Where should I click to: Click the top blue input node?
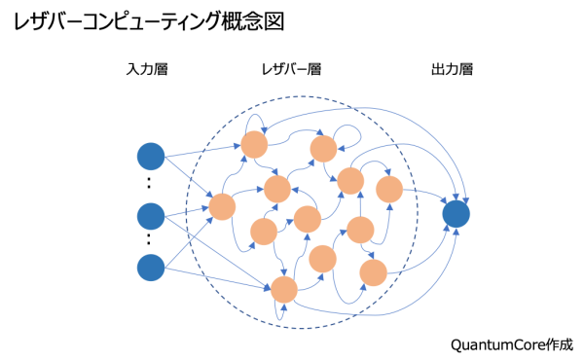tap(151, 156)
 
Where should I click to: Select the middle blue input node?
tap(151, 216)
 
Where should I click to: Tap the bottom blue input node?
tap(151, 267)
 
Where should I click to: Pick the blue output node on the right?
tap(456, 214)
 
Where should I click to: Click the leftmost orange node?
tap(222, 207)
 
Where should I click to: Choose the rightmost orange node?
tap(389, 190)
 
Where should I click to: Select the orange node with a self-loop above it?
tap(254, 144)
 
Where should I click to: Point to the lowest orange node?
tap(284, 289)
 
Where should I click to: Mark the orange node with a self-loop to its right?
tap(323, 149)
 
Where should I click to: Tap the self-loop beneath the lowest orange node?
tap(282, 313)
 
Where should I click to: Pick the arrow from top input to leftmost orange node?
tap(187, 182)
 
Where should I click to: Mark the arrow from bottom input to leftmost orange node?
tap(187, 236)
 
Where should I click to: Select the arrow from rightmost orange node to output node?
tap(424, 194)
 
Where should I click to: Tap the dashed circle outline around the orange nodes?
tap(187, 212)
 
